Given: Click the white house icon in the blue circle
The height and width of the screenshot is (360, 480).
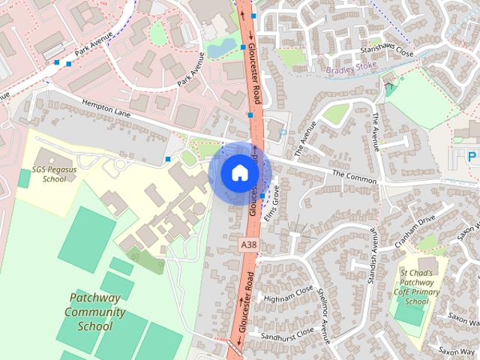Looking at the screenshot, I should [x=239, y=172].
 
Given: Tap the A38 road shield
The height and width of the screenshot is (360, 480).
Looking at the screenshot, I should [x=249, y=245].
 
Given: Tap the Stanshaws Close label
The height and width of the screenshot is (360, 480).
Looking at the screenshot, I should [x=386, y=53].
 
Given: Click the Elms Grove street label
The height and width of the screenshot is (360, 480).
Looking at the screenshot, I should [x=275, y=199].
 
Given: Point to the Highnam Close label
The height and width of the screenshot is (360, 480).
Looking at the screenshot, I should [x=283, y=295].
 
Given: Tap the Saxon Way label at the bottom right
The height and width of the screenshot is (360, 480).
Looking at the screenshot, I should [x=457, y=351].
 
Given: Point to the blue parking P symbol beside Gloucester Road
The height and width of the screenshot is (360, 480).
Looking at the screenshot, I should [x=282, y=133].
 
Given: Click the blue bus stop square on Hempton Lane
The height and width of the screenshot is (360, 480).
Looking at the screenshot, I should [x=168, y=159].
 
